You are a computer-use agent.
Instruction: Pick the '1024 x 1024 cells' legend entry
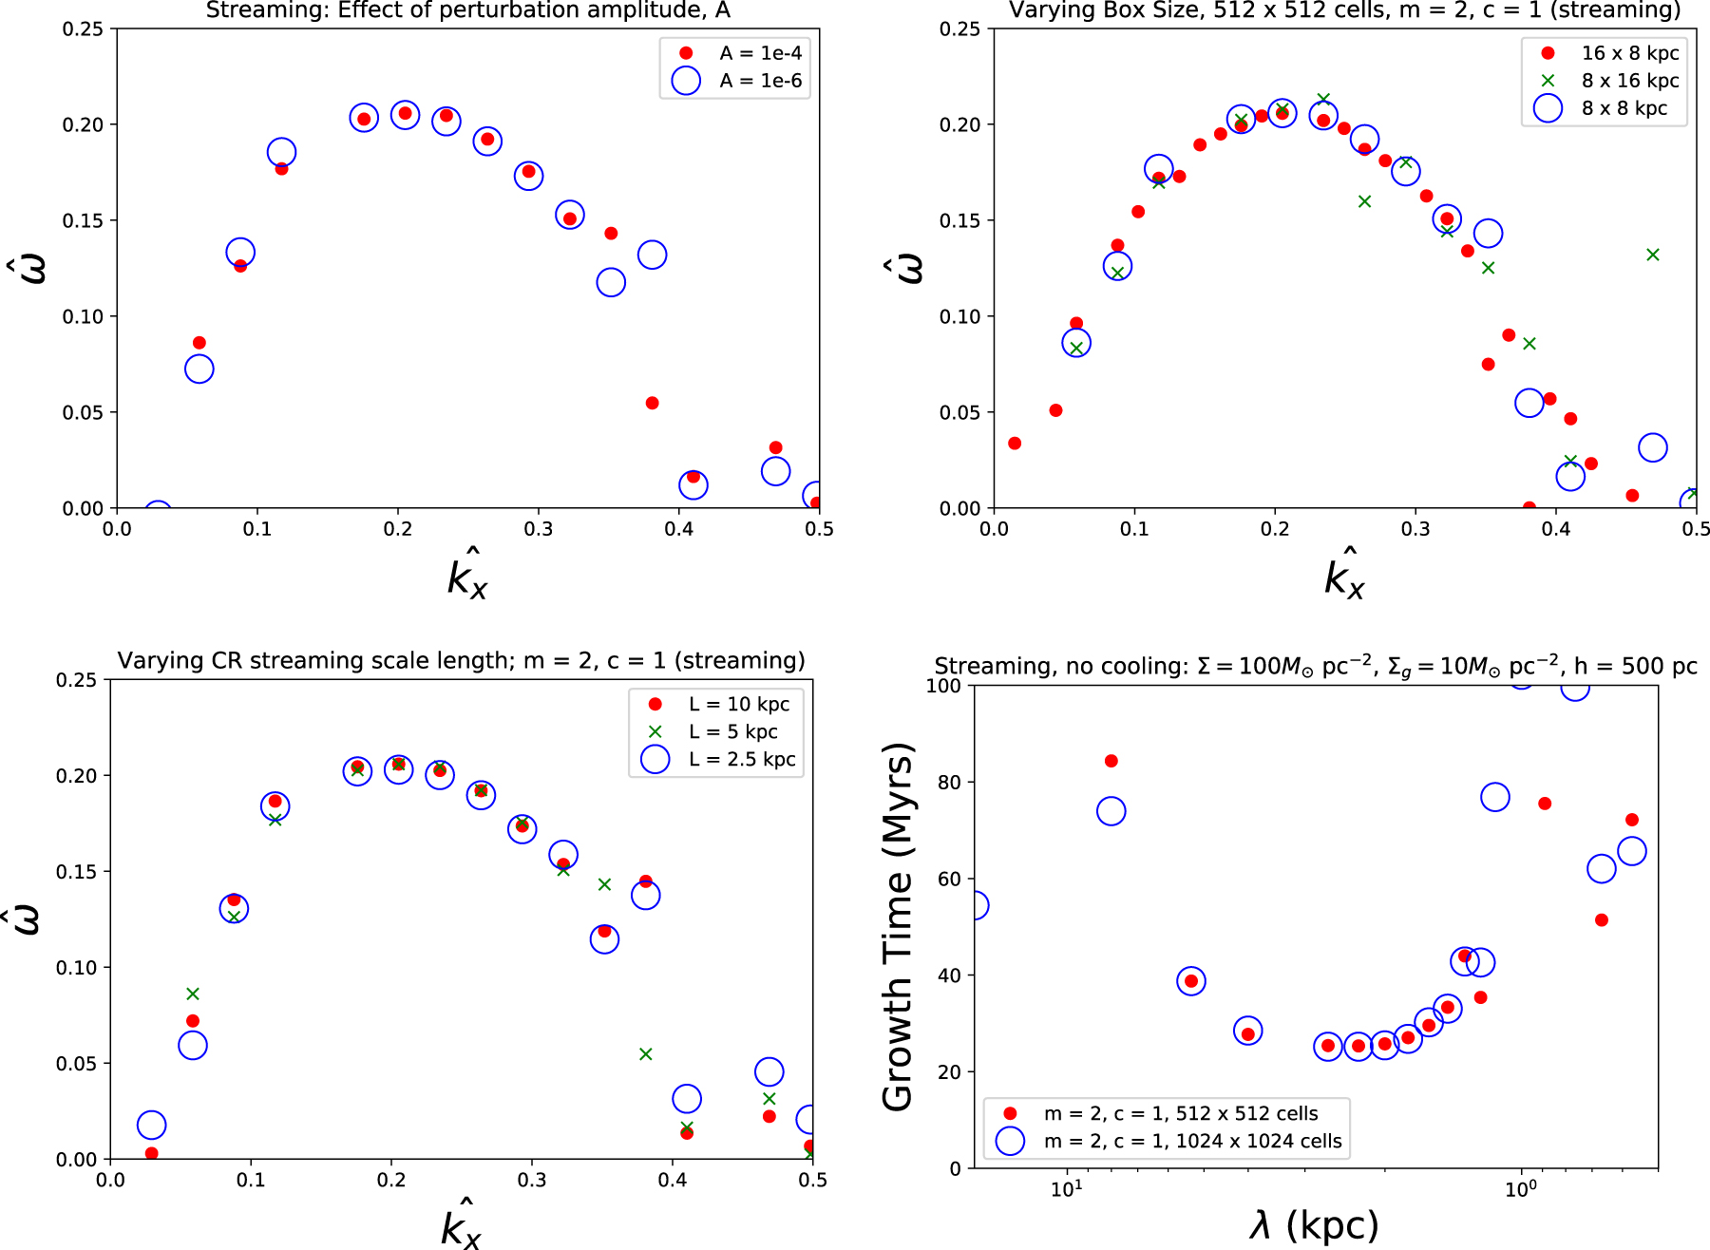pos(1192,1141)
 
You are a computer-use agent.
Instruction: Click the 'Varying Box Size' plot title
pos(1344,10)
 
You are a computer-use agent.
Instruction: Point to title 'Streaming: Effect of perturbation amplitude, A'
pos(467,10)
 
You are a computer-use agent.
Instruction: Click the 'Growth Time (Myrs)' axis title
pos(898,926)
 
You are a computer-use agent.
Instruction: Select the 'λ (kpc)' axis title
pos(1315,1225)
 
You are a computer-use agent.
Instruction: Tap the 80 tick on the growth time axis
pos(949,783)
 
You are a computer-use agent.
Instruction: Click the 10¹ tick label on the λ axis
pos(1066,1190)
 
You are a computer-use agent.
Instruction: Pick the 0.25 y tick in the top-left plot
pos(83,29)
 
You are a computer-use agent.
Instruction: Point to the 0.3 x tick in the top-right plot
pos(1415,528)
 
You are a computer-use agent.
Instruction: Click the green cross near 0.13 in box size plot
pos(1652,255)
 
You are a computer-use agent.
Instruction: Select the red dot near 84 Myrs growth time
pos(1111,761)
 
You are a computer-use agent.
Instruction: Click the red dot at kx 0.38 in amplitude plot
pos(652,403)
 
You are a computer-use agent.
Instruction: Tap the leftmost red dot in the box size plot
pos(1015,444)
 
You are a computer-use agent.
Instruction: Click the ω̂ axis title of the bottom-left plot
pos(28,919)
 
